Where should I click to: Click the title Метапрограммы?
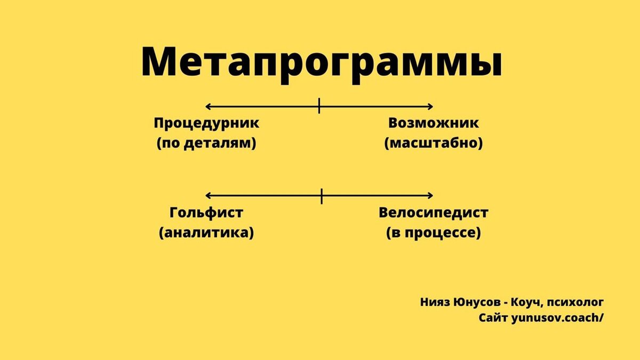[x=321, y=63]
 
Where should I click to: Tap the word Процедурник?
[x=206, y=123]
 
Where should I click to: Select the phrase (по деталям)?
[x=206, y=143]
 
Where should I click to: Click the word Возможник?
[x=434, y=123]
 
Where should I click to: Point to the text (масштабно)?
[x=434, y=143]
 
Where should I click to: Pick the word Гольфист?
[x=206, y=213]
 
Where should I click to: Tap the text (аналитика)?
[x=206, y=233]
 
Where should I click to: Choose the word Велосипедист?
[x=434, y=213]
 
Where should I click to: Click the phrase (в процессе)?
[x=434, y=233]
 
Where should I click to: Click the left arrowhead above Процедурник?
[x=208, y=106]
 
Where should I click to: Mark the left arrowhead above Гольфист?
[x=208, y=196]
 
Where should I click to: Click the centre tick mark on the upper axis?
[x=319, y=106]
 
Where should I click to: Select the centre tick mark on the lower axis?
[x=322, y=196]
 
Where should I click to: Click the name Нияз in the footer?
[x=435, y=302]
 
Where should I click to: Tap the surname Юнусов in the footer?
[x=479, y=302]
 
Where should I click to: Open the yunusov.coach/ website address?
[x=558, y=318]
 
